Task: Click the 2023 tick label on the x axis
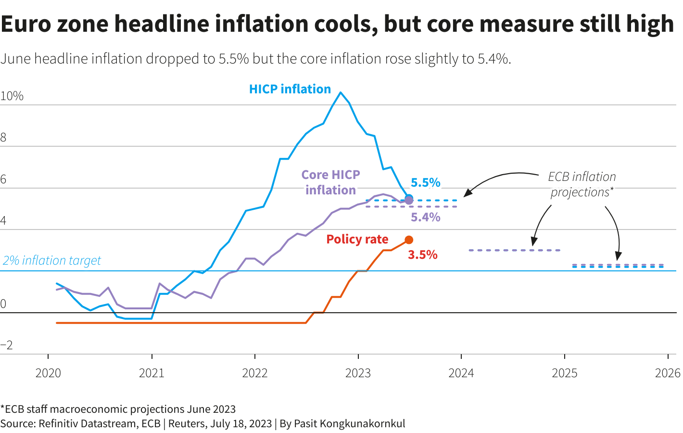[358, 373]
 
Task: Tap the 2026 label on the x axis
[668, 373]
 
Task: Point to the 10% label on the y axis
[12, 96]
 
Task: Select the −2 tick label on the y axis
[7, 345]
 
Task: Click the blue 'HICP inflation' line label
[290, 89]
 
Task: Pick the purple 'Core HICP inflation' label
[330, 182]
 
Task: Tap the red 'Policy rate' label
[357, 239]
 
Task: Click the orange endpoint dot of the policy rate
[409, 240]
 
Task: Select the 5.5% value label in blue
[425, 182]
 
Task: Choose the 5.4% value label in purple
[425, 217]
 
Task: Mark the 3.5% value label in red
[422, 255]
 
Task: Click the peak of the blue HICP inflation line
[341, 92]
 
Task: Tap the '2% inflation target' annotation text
[52, 260]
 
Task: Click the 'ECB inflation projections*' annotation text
[582, 184]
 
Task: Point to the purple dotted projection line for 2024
[515, 250]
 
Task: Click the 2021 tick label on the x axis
[152, 373]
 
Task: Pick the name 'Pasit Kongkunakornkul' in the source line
[349, 424]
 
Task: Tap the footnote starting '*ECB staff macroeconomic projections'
[118, 409]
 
